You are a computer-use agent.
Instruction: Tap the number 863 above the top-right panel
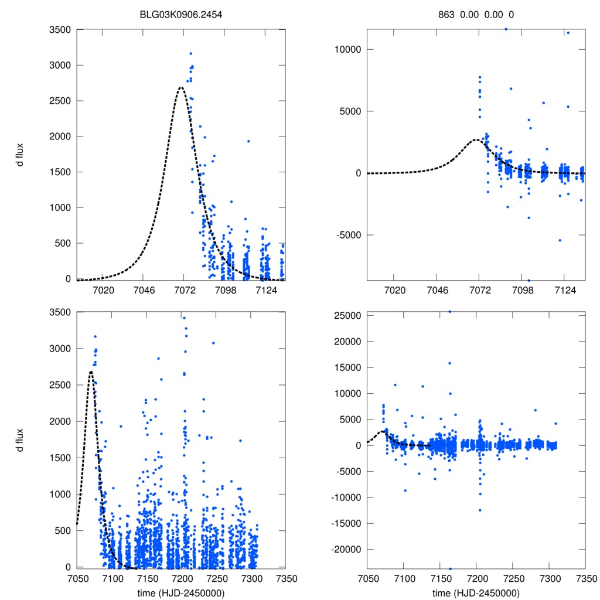[x=446, y=15]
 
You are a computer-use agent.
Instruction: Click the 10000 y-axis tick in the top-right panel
[x=345, y=49]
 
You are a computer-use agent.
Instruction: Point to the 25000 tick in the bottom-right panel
[x=345, y=316]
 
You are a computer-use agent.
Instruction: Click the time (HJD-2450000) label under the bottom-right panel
[x=476, y=593]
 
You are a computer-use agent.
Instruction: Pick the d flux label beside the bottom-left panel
[x=19, y=440]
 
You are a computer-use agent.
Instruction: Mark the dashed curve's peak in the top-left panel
[x=181, y=87]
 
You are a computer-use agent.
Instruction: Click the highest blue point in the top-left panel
[x=191, y=53]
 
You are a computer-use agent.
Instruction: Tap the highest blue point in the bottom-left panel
[x=184, y=318]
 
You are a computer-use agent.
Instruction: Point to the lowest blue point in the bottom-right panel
[x=450, y=568]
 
